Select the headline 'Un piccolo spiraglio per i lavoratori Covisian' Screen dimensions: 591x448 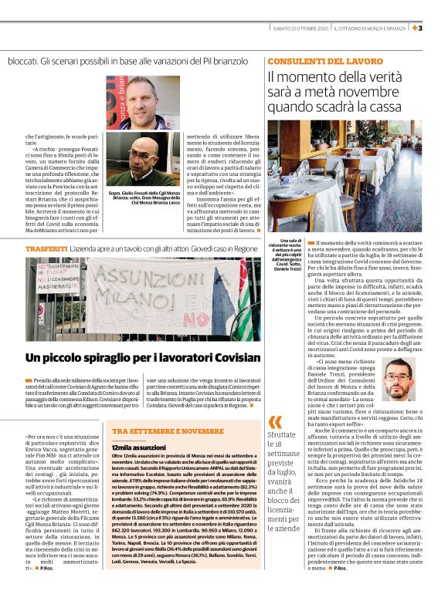(x=143, y=357)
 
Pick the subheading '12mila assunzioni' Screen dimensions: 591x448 (x=137, y=447)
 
